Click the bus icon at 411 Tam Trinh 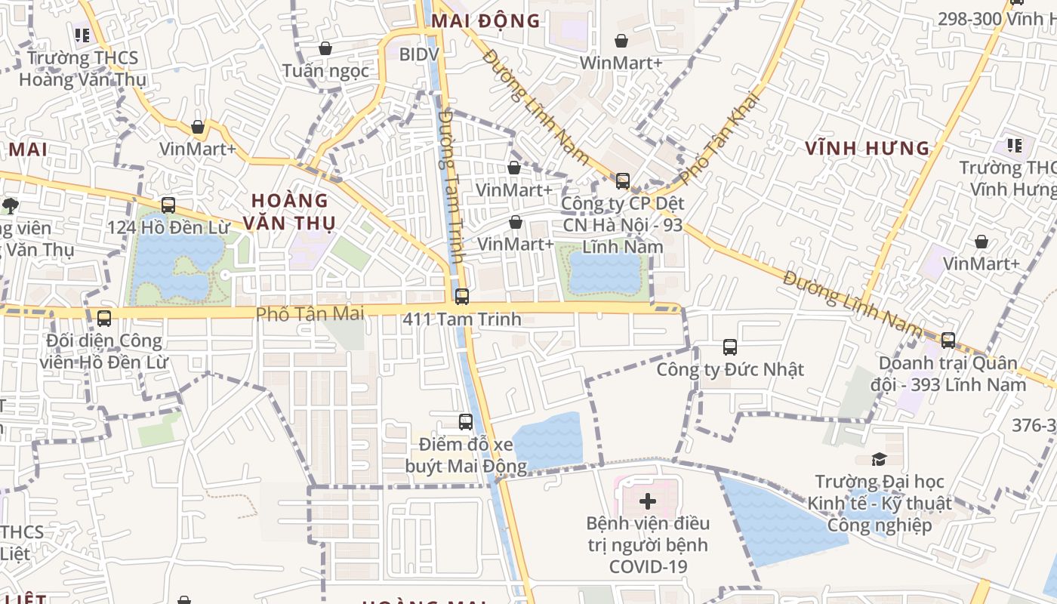(x=462, y=297)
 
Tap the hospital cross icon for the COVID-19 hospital (x=648, y=501)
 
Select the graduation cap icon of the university (x=879, y=459)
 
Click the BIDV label (x=418, y=54)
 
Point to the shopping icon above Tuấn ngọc (x=325, y=48)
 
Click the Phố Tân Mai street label (x=310, y=313)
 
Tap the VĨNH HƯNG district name (x=867, y=148)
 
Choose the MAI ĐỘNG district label (x=485, y=20)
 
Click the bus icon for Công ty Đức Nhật (x=730, y=347)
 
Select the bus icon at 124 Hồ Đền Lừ (x=168, y=205)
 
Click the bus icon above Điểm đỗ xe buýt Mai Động (x=466, y=422)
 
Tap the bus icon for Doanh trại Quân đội (x=948, y=341)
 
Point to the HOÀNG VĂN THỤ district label (x=290, y=211)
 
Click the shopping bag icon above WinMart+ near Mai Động (x=621, y=41)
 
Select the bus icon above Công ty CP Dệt (x=623, y=181)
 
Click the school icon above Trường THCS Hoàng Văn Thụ (x=82, y=35)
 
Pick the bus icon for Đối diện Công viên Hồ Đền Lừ (x=104, y=319)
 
